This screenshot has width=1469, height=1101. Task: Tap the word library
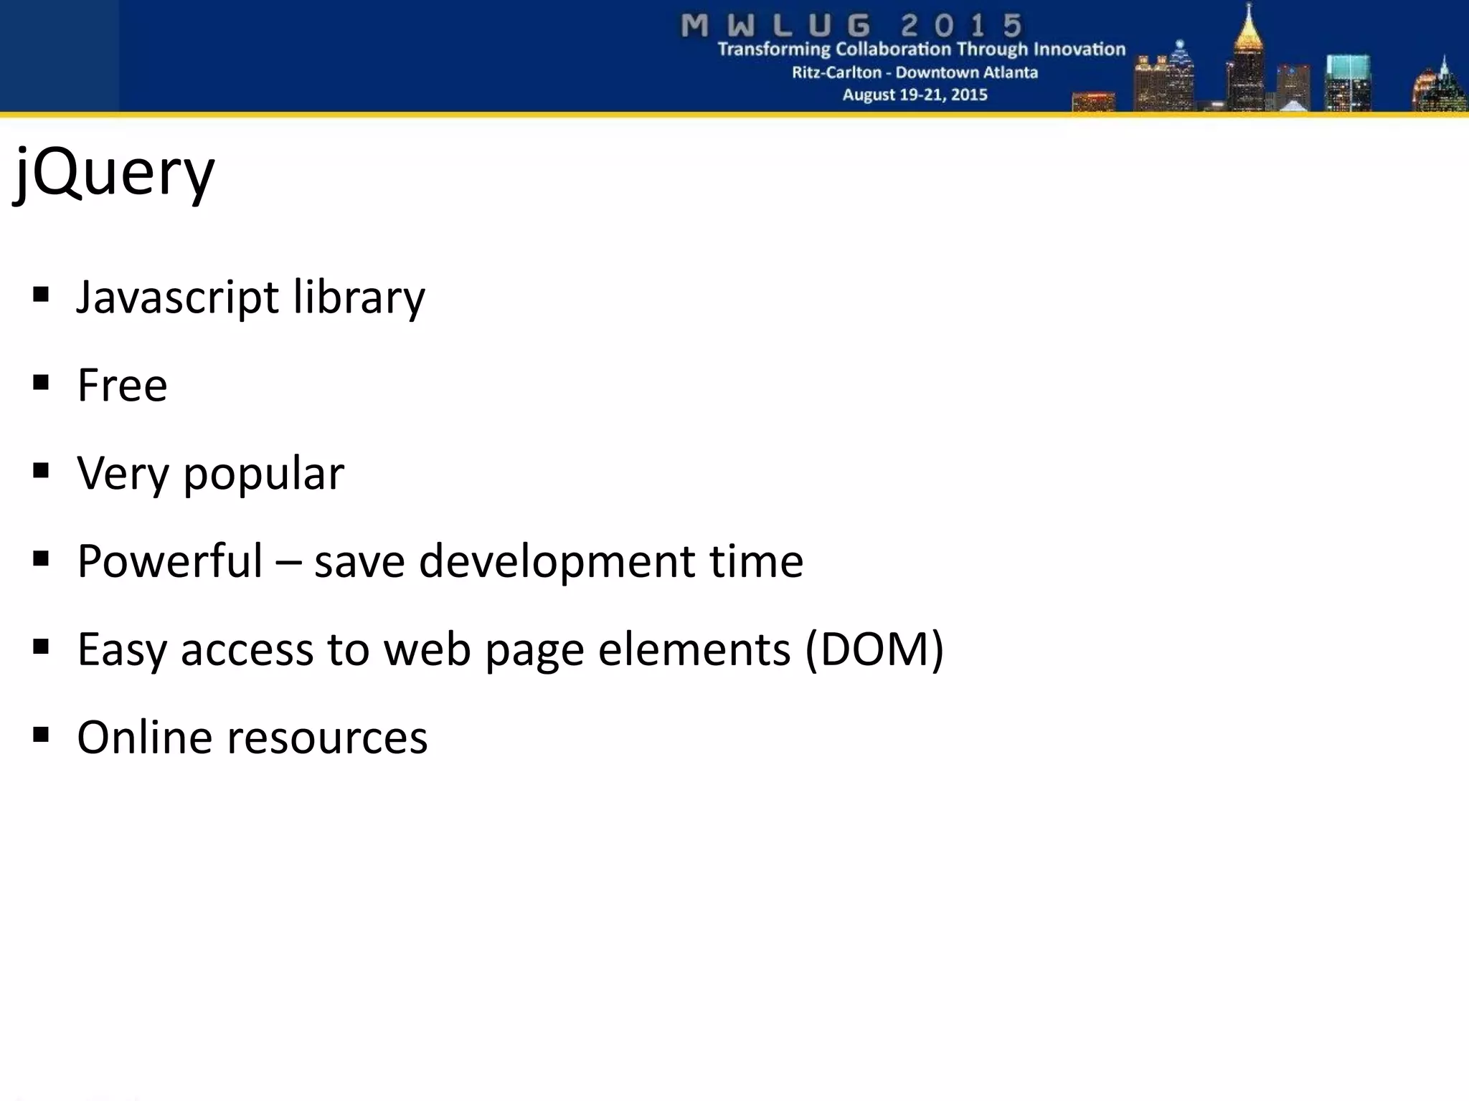tap(359, 297)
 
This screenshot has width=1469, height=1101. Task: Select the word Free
tap(122, 386)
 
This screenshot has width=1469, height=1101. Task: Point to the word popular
tap(263, 474)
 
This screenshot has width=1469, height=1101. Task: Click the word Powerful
tap(170, 561)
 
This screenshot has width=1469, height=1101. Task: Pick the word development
tap(557, 561)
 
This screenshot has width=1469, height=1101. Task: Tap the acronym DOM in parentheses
tap(874, 649)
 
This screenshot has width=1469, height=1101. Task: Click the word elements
tap(694, 649)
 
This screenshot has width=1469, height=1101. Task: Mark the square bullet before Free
tap(41, 383)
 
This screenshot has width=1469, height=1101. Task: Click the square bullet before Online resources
tap(41, 735)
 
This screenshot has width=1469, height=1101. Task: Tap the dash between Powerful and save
tap(288, 563)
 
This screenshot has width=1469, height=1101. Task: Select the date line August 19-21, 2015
tap(915, 95)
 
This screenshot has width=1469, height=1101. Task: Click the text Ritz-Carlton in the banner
tap(836, 72)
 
